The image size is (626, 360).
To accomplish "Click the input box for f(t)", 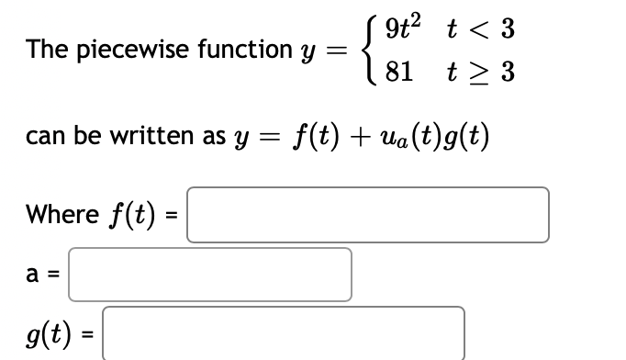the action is (x=368, y=215).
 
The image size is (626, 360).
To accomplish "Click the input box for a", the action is (x=210, y=275).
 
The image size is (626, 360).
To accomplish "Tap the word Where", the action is (x=62, y=215).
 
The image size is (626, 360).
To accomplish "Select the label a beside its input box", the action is (x=33, y=275).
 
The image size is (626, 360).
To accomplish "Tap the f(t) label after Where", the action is (x=131, y=215).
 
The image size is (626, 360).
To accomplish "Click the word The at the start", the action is (x=46, y=51).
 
